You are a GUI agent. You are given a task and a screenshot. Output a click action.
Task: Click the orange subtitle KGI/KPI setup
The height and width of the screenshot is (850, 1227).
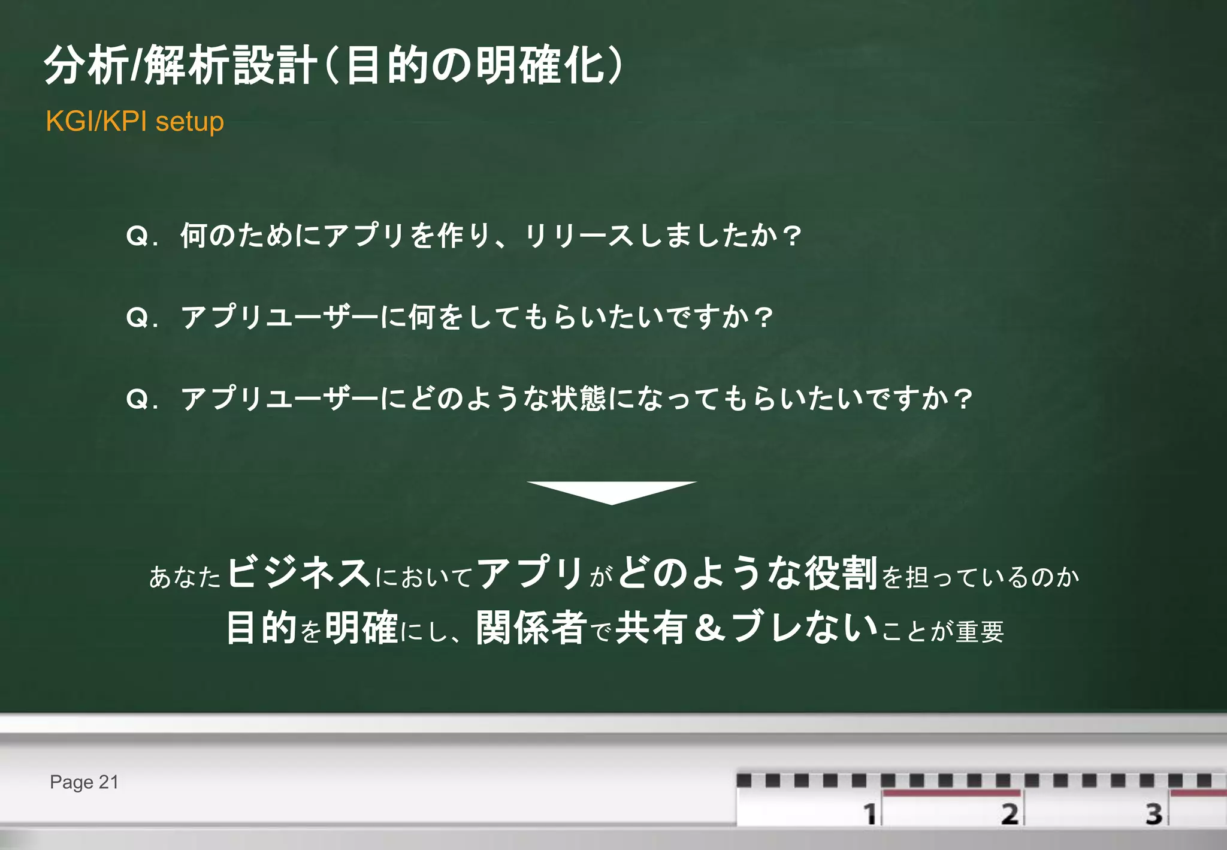coord(135,122)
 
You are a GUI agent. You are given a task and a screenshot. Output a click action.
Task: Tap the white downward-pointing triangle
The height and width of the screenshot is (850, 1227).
coord(612,491)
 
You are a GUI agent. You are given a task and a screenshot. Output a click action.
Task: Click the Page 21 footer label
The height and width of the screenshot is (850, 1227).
coord(84,782)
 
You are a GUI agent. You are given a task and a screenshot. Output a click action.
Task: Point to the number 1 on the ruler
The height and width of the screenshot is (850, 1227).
coord(869,814)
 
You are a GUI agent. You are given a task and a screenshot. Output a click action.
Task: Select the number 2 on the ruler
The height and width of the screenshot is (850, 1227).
coord(1010,814)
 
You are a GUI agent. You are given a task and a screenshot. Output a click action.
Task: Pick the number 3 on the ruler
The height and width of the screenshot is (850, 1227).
coord(1154,814)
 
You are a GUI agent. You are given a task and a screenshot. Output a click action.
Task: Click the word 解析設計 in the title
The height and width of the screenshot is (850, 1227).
coord(231,65)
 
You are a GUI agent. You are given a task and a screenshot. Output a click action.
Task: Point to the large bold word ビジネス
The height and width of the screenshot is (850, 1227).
coord(299,572)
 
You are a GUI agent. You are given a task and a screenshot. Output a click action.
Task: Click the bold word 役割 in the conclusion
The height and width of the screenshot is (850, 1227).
coord(841,573)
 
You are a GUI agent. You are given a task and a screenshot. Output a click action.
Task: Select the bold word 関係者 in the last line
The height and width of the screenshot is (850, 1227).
coord(531,628)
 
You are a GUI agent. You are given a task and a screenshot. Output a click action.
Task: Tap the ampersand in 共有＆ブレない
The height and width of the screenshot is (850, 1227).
coord(711,628)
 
